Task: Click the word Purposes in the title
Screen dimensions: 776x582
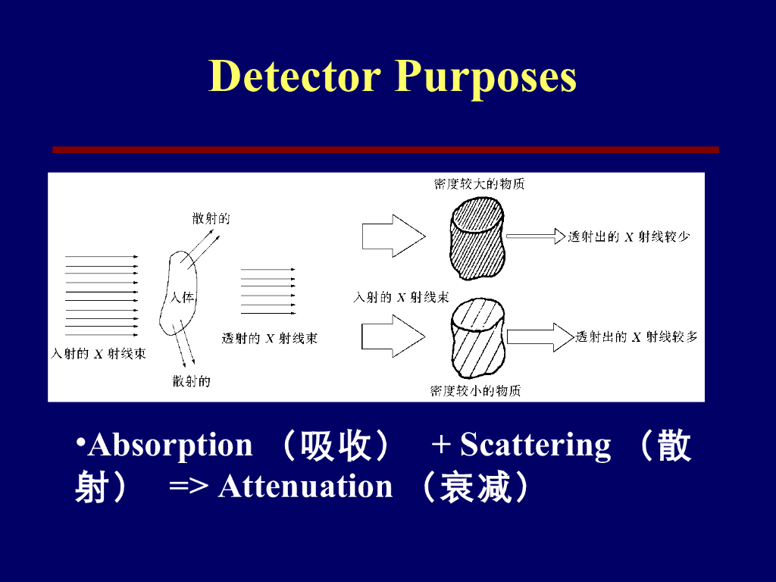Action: pos(486,77)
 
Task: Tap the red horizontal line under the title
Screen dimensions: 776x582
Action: pos(385,150)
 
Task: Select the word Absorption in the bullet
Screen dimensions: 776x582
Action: pos(170,445)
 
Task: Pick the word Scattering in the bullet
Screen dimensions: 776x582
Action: pos(535,445)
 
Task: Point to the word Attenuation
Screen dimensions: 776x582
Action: pos(305,487)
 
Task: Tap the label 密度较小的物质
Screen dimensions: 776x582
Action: pos(475,391)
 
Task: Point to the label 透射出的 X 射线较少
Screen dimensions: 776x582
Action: pos(629,237)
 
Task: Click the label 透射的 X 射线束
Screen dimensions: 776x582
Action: pos(270,339)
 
